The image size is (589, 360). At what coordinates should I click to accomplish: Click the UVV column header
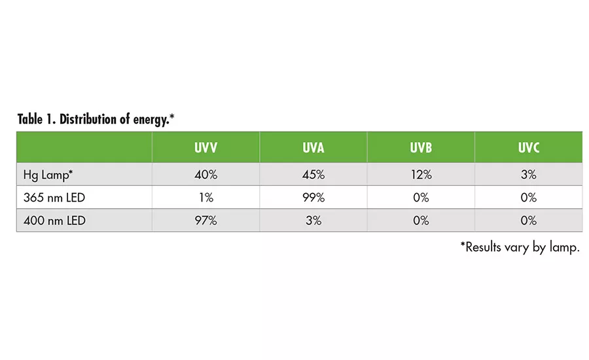(205, 148)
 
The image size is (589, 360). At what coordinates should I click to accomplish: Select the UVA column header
(313, 148)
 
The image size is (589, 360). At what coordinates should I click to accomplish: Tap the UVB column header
(421, 148)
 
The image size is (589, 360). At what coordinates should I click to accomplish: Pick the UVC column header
(529, 148)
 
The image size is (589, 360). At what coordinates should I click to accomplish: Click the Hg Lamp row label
(48, 175)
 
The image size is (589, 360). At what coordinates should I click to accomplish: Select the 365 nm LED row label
(53, 198)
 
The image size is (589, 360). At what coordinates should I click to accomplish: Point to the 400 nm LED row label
(53, 221)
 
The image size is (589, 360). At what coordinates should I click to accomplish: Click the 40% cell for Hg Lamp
(205, 175)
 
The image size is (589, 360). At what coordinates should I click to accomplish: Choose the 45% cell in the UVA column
(313, 175)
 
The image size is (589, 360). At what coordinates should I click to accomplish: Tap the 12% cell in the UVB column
(421, 175)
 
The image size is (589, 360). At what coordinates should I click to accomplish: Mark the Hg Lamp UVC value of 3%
(529, 175)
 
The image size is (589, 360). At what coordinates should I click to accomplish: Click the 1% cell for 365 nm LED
(205, 198)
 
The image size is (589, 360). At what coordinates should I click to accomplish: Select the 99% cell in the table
(313, 198)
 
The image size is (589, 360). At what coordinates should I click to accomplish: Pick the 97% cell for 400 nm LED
(205, 221)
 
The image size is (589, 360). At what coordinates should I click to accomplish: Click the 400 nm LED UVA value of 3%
(313, 221)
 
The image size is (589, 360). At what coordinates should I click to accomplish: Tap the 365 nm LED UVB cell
(421, 198)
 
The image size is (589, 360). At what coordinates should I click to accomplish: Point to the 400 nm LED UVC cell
(529, 221)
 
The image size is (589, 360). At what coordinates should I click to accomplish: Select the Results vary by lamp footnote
(520, 247)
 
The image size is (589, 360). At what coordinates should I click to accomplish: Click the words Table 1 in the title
(36, 120)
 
